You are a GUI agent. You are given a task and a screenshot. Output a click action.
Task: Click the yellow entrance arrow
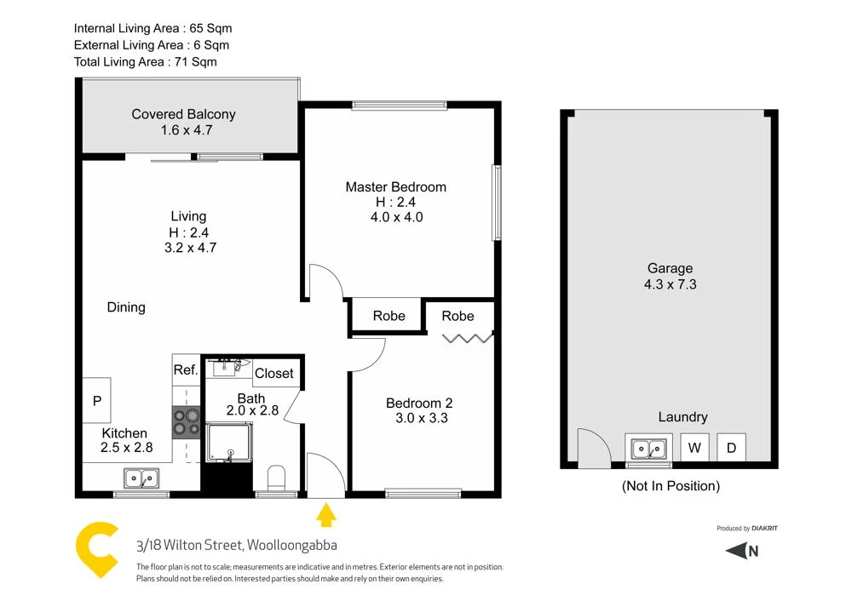click(326, 515)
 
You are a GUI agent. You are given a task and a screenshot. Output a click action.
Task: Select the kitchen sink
click(141, 478)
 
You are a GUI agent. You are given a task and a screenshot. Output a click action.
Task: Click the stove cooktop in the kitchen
click(186, 423)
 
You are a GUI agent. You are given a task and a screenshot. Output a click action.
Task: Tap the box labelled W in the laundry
click(694, 447)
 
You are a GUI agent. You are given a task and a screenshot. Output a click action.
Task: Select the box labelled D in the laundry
click(731, 447)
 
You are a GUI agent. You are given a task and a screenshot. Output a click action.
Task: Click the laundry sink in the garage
click(648, 447)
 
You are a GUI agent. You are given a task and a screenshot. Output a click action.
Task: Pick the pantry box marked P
click(97, 400)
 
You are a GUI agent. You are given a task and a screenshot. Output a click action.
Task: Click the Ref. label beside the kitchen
click(186, 370)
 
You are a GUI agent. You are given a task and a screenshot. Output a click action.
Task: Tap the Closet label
click(274, 373)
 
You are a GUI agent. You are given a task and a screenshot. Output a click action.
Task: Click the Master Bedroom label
click(395, 187)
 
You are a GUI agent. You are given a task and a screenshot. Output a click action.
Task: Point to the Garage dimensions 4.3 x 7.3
click(670, 284)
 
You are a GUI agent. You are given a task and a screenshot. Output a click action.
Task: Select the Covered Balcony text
click(183, 114)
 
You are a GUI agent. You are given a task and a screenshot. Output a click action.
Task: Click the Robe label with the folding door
click(458, 316)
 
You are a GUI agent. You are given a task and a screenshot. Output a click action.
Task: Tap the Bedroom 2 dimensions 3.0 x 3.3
click(422, 418)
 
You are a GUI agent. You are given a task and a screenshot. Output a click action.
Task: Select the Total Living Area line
click(146, 61)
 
